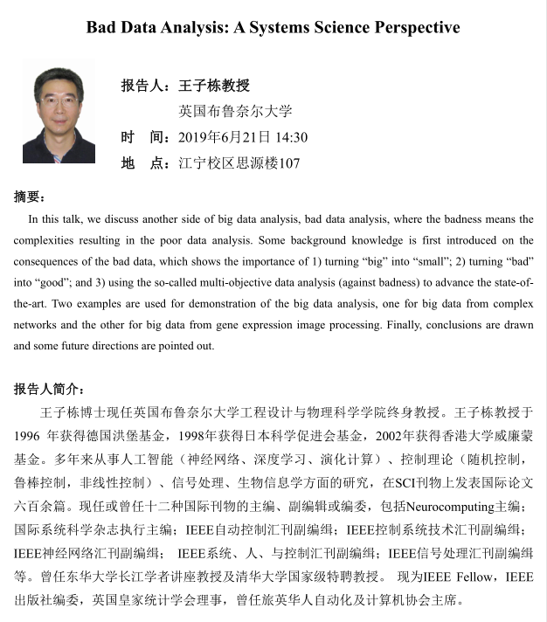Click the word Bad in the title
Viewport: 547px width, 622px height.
[102, 27]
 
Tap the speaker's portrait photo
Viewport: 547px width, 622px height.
[59, 114]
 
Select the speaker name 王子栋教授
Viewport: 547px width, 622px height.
[214, 86]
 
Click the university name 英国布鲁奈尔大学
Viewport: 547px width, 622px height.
[235, 111]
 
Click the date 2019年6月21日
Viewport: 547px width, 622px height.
[225, 137]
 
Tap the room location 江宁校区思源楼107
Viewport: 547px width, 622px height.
[239, 163]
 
